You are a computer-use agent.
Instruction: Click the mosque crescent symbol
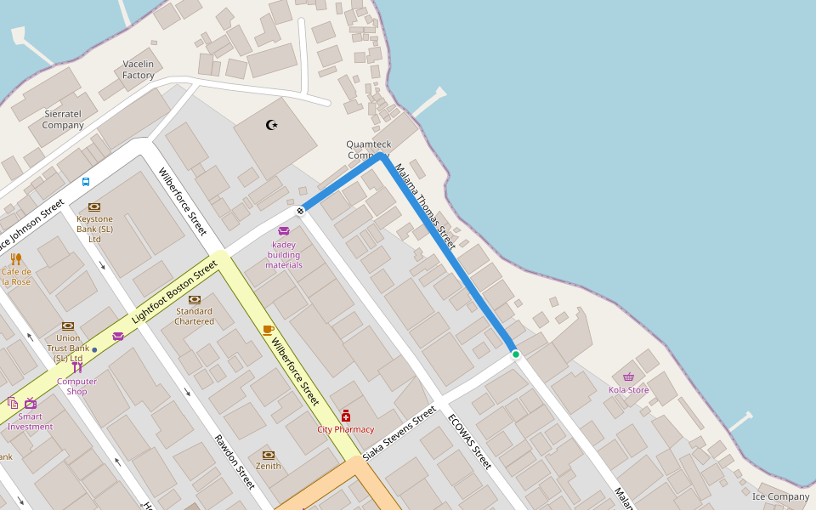pyautogui.click(x=272, y=125)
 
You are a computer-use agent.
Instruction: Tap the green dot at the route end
pyautogui.click(x=515, y=354)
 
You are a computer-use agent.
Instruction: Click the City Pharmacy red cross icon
pyautogui.click(x=345, y=416)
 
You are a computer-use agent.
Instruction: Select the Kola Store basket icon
pyautogui.click(x=628, y=377)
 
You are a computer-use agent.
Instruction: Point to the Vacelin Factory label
pyautogui.click(x=139, y=70)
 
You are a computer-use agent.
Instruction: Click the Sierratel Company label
pyautogui.click(x=63, y=119)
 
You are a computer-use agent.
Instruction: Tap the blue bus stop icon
pyautogui.click(x=86, y=181)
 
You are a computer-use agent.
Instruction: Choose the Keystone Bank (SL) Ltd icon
pyautogui.click(x=94, y=207)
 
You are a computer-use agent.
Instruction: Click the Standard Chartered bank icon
pyautogui.click(x=194, y=299)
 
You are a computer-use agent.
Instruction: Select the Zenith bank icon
pyautogui.click(x=269, y=455)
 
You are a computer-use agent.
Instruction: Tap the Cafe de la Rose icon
pyautogui.click(x=15, y=258)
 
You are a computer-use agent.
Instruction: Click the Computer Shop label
pyautogui.click(x=76, y=387)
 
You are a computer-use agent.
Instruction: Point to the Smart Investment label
pyautogui.click(x=31, y=422)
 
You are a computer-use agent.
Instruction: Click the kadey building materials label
pyautogui.click(x=284, y=254)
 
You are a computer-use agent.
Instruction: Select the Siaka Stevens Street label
pyautogui.click(x=399, y=433)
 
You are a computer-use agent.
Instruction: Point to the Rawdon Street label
pyautogui.click(x=234, y=462)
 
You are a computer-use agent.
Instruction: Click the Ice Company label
pyautogui.click(x=780, y=496)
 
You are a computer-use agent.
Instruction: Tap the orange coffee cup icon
pyautogui.click(x=268, y=330)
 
